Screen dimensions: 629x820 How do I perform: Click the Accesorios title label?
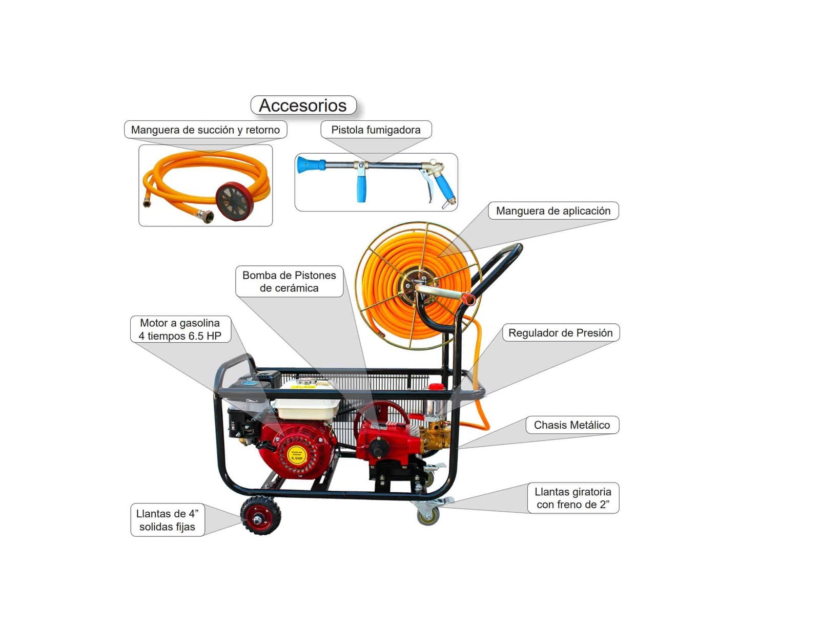tap(303, 105)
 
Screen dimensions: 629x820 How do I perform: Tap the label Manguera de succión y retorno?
tap(205, 130)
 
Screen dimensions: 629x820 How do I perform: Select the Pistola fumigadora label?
tap(376, 130)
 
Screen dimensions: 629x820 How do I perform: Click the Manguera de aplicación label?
tap(553, 211)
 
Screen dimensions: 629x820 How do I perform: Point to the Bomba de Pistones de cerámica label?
tap(289, 281)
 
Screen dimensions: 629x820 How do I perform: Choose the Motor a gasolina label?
tap(180, 329)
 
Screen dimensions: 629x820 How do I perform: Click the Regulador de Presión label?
tap(560, 332)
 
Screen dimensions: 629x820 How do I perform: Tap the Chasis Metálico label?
tap(571, 425)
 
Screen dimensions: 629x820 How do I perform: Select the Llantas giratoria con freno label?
tap(572, 498)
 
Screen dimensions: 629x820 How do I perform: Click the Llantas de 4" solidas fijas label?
tap(167, 520)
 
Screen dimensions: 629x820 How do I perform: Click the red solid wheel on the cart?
tap(260, 516)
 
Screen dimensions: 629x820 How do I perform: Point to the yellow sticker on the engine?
tap(297, 455)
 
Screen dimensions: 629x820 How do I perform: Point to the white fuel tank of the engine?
tap(306, 407)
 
